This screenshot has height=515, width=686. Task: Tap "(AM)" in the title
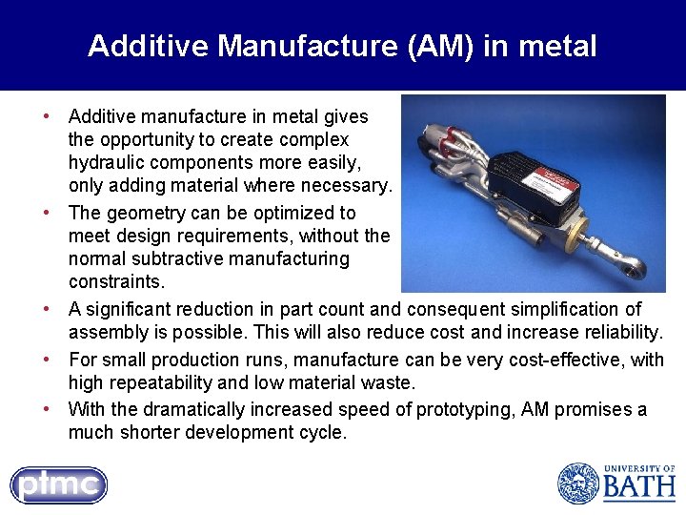tap(442, 46)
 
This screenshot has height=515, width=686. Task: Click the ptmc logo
tap(58, 484)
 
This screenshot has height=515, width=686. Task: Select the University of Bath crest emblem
tap(577, 483)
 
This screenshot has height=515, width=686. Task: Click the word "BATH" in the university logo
tap(638, 488)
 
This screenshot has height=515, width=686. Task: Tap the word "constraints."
tap(116, 282)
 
